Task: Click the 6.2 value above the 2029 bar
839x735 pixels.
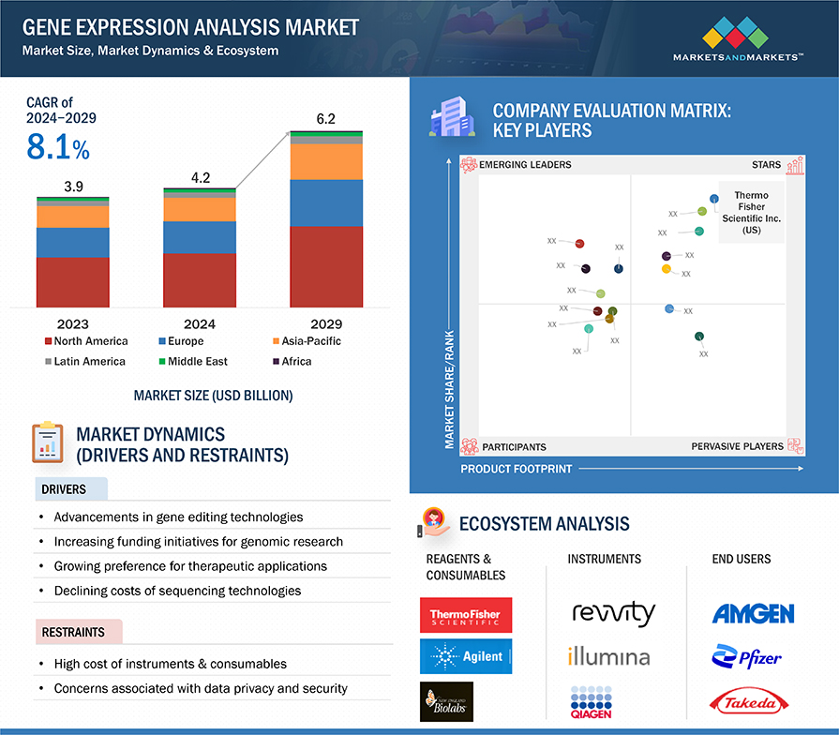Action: (x=325, y=119)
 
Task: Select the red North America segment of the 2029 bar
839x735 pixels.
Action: (x=325, y=266)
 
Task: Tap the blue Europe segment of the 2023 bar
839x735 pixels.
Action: (x=73, y=242)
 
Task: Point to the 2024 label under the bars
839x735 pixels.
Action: (x=199, y=324)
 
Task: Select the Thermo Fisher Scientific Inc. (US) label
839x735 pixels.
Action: (x=751, y=213)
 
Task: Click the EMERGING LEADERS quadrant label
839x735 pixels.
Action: (x=524, y=165)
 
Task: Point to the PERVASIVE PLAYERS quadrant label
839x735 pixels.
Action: (x=737, y=446)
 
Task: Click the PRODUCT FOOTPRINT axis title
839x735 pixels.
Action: (x=516, y=468)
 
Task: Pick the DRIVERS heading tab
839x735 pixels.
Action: (x=64, y=489)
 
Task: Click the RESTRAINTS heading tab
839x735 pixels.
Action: (x=73, y=632)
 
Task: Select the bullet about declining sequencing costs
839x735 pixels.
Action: (x=177, y=591)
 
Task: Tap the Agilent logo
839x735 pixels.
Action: (x=466, y=657)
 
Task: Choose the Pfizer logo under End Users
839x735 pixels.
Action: (x=746, y=657)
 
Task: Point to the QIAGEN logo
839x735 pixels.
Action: (x=589, y=702)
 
